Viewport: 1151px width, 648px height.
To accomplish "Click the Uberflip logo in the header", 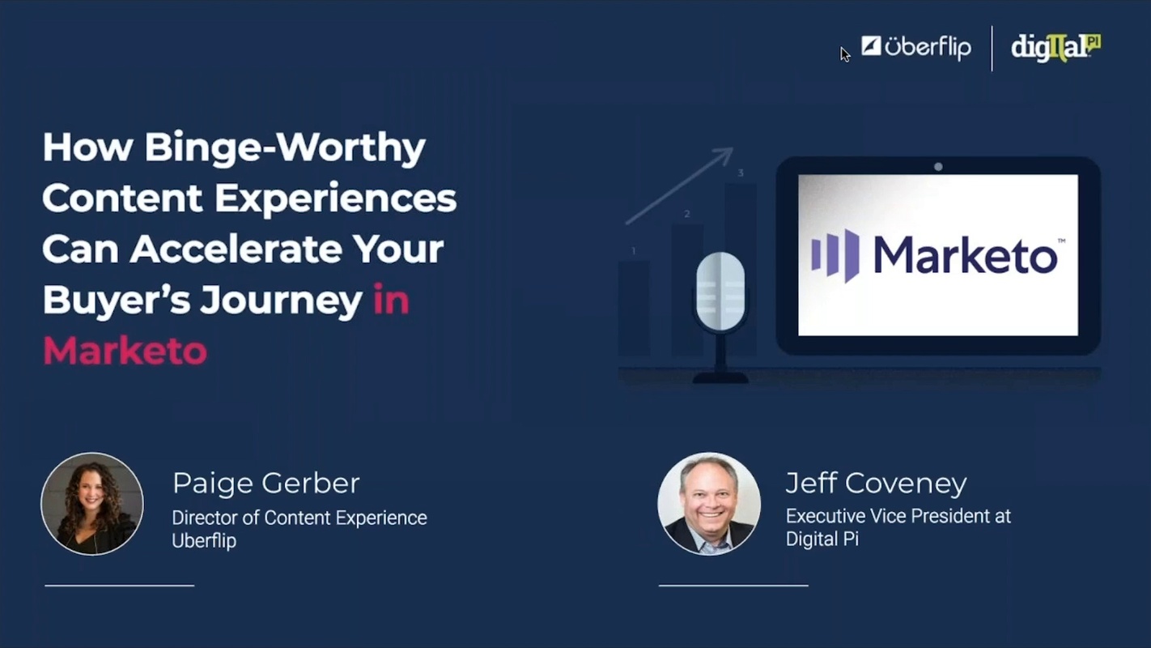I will (915, 47).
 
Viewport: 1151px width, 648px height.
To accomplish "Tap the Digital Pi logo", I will (1055, 48).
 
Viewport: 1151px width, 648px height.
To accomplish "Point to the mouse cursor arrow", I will (844, 54).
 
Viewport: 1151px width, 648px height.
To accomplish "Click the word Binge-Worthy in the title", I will (284, 148).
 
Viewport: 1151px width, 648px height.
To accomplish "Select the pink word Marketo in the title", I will (125, 352).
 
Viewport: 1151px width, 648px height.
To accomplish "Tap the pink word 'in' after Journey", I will (391, 301).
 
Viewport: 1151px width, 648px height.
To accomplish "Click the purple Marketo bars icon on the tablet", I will (835, 255).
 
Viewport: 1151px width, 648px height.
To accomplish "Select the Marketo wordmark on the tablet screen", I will (965, 256).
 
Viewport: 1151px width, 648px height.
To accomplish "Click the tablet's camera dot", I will (938, 167).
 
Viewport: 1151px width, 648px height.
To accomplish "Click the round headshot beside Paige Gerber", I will (92, 504).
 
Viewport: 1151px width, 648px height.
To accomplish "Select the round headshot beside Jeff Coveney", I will (709, 504).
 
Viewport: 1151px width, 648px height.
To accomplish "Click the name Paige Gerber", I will (265, 484).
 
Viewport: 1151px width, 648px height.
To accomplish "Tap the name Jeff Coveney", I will (876, 484).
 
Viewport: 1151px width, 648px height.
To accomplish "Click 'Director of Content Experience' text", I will (299, 518).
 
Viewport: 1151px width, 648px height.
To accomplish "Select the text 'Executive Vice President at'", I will (898, 516).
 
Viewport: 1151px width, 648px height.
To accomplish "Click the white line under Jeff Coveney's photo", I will (733, 585).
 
